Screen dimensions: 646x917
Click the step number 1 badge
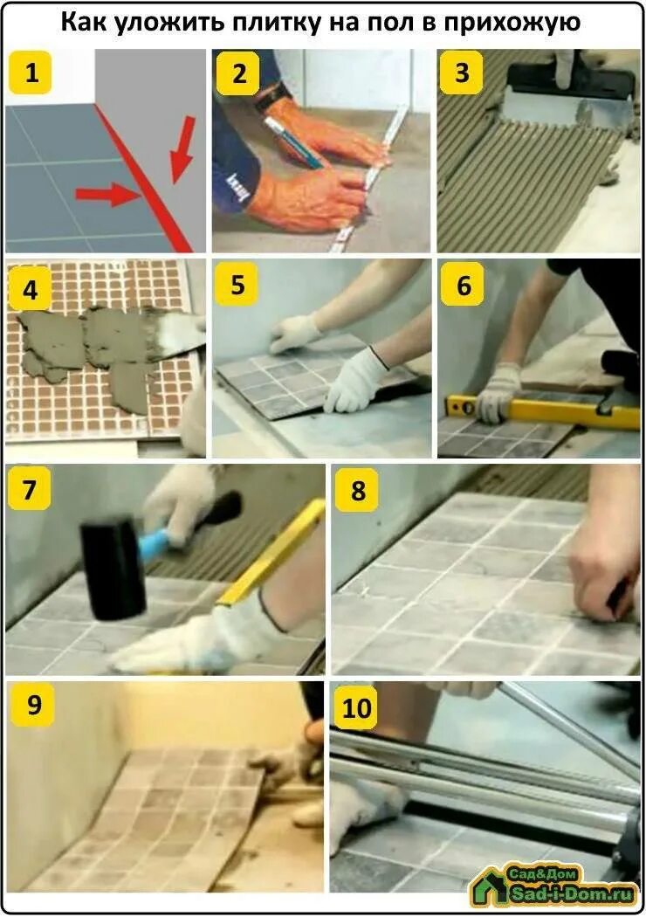click(31, 72)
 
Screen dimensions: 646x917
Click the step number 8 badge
click(358, 490)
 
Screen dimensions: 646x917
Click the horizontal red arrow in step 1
click(109, 194)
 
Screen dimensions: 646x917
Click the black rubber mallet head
click(113, 567)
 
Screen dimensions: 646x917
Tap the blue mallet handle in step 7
click(161, 542)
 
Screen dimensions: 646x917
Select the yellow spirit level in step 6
click(542, 410)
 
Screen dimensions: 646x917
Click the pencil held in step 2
click(292, 142)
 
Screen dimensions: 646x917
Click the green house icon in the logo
click(488, 887)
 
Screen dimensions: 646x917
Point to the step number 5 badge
click(237, 286)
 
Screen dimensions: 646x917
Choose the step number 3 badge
click(461, 72)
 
